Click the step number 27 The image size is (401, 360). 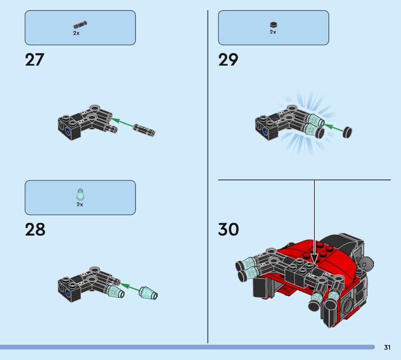tap(35, 60)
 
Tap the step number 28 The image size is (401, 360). tap(35, 230)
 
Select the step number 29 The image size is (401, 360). tap(228, 60)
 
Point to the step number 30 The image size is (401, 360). tap(229, 229)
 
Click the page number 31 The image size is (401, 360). tap(387, 347)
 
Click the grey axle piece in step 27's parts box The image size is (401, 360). tap(80, 25)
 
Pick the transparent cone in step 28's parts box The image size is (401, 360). tap(80, 195)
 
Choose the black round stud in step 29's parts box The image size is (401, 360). tap(274, 25)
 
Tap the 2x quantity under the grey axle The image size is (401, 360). tap(76, 33)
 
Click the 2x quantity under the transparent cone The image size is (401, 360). tap(80, 205)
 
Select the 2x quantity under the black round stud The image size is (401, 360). tap(273, 32)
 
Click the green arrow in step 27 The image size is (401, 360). tap(122, 122)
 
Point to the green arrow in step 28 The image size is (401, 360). tap(130, 287)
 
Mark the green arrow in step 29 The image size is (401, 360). tap(333, 128)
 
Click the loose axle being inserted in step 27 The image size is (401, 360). tap(144, 130)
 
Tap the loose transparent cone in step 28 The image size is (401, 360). tap(148, 293)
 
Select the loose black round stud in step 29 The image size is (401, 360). tap(347, 132)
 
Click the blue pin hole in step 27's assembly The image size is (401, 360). tap(68, 131)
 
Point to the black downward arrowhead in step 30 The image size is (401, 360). tap(314, 259)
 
